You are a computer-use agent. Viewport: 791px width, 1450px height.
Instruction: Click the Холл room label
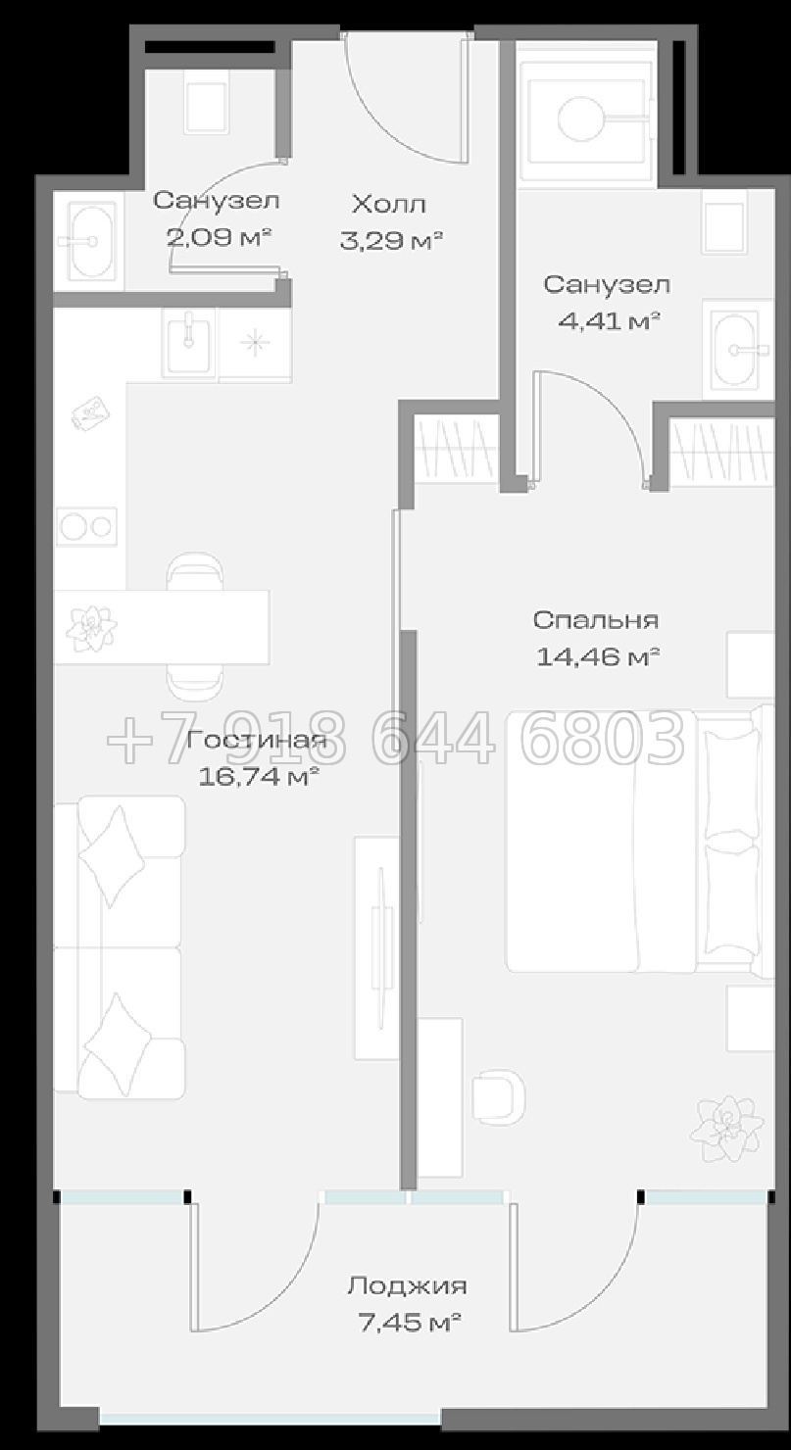click(389, 205)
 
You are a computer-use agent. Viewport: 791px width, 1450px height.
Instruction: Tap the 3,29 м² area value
click(391, 241)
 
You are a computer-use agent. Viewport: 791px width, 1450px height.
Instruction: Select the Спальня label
click(595, 620)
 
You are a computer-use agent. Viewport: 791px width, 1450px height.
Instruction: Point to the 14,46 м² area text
click(597, 657)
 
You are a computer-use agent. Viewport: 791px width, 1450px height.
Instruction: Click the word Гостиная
click(257, 740)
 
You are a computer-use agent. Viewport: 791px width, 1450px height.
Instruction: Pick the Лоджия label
click(407, 1285)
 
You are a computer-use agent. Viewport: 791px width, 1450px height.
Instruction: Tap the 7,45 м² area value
click(409, 1323)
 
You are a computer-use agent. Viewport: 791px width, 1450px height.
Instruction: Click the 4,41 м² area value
click(609, 320)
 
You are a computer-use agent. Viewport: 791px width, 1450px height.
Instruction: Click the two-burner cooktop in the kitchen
click(87, 527)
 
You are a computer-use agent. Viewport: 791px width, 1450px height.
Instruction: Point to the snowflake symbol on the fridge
click(255, 341)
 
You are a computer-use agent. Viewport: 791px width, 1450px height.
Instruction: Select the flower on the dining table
click(91, 627)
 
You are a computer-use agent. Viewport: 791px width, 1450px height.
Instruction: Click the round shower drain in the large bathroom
click(581, 120)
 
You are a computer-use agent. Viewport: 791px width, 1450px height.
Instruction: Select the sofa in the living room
click(119, 947)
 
